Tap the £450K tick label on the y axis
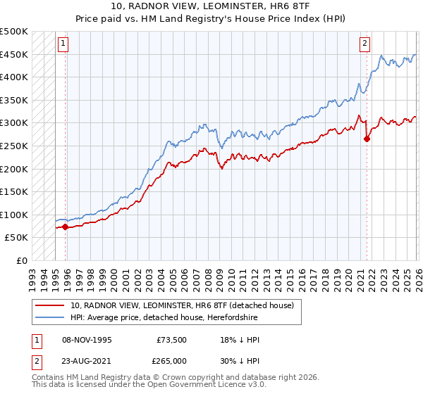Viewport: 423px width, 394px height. [14, 54]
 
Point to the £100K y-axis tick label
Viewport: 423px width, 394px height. [14, 215]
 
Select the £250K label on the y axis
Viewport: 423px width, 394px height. [14, 146]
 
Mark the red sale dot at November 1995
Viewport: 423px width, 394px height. [65, 227]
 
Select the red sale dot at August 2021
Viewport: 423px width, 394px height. [367, 139]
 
